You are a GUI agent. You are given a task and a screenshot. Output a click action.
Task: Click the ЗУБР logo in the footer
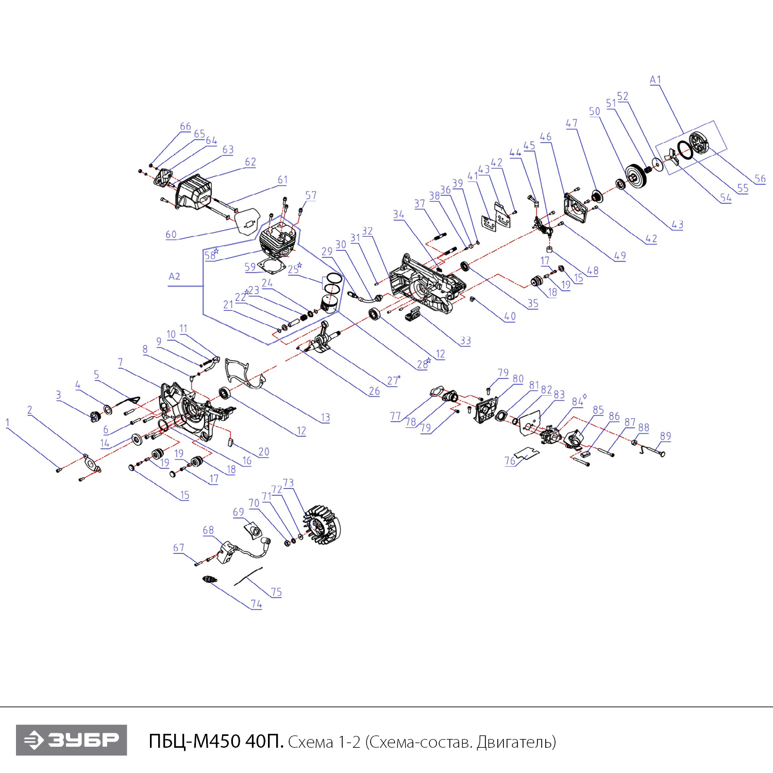pyautogui.click(x=71, y=740)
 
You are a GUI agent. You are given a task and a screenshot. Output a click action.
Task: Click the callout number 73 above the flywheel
pyautogui.click(x=288, y=483)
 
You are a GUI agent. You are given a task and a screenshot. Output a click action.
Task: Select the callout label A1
pyautogui.click(x=655, y=80)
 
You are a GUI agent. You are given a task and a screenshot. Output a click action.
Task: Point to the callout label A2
pyautogui.click(x=174, y=276)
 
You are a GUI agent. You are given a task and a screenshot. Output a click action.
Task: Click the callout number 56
pyautogui.click(x=760, y=179)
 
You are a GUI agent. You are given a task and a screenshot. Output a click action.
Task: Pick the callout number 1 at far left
pyautogui.click(x=7, y=423)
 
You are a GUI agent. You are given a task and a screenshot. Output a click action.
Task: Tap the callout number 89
pyautogui.click(x=665, y=436)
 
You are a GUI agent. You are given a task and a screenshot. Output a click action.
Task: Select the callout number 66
pyautogui.click(x=186, y=126)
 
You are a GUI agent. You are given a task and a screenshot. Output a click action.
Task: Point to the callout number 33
pyautogui.click(x=465, y=341)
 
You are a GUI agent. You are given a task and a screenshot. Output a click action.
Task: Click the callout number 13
pyautogui.click(x=325, y=417)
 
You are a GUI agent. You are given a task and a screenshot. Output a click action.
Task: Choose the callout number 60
pyautogui.click(x=171, y=234)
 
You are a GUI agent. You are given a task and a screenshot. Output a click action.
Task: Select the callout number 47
pyautogui.click(x=572, y=123)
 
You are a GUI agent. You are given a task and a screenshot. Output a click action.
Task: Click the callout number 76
pyautogui.click(x=510, y=461)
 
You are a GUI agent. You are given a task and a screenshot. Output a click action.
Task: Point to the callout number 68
pyautogui.click(x=208, y=530)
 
